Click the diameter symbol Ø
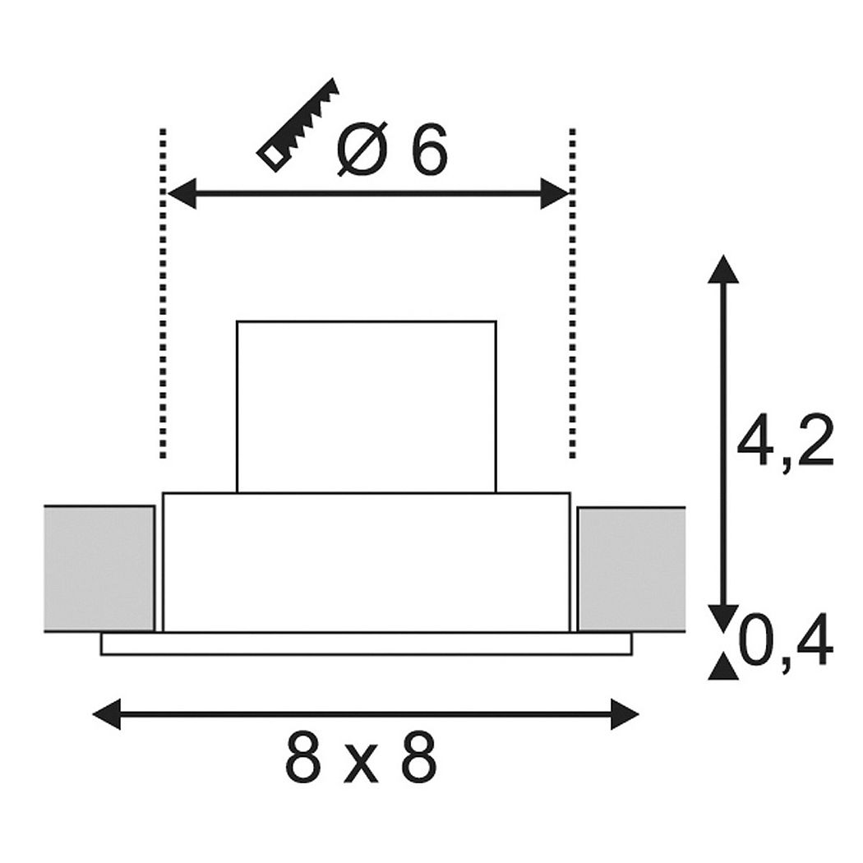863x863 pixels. click(360, 149)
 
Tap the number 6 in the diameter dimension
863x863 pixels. click(427, 149)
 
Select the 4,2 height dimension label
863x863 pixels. click(785, 439)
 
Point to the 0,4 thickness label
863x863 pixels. click(785, 640)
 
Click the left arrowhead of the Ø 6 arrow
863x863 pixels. click(182, 193)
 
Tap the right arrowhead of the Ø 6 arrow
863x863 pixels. click(555, 193)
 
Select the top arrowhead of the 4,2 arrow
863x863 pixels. click(722, 269)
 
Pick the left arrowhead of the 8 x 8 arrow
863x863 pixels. click(107, 714)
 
